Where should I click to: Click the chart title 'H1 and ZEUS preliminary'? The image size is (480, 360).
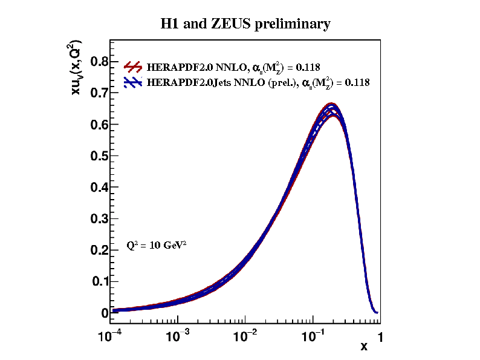tap(245, 24)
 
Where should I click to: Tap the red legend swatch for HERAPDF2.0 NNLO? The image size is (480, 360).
tap(133, 66)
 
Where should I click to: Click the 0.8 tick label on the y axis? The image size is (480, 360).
tap(99, 62)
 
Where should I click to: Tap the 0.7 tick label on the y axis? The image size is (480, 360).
tap(99, 93)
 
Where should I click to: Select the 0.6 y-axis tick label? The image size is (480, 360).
tap(99, 125)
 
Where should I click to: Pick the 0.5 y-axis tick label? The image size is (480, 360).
tap(99, 156)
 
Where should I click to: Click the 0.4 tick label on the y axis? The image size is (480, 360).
tap(99, 188)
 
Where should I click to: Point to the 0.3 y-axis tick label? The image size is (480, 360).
tap(99, 219)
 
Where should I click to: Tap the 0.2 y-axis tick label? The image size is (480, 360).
tap(99, 250)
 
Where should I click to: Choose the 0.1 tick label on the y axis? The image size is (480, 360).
tap(100, 282)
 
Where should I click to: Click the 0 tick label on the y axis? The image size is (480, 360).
tap(105, 313)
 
